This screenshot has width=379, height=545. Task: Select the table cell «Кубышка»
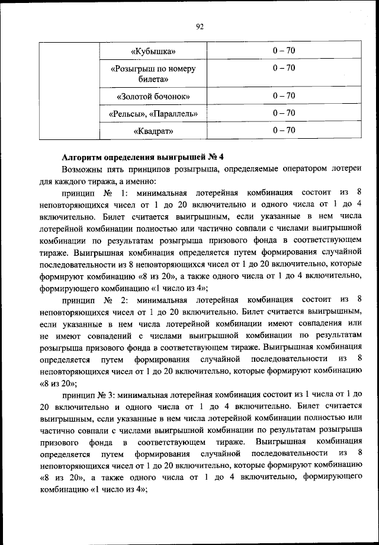(153, 52)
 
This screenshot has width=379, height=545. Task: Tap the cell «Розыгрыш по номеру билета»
(153, 74)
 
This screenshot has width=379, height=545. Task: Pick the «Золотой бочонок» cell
(153, 96)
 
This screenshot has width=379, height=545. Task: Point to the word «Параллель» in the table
(175, 113)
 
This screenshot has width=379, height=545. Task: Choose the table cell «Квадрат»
(153, 130)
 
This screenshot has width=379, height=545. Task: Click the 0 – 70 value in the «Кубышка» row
(284, 51)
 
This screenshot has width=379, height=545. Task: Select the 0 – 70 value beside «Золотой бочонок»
(284, 95)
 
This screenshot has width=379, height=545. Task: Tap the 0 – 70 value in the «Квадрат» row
(284, 130)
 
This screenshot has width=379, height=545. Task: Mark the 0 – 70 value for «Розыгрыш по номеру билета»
(284, 68)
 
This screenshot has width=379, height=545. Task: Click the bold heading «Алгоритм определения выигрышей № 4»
(142, 157)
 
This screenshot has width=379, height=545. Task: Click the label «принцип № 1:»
(94, 193)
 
